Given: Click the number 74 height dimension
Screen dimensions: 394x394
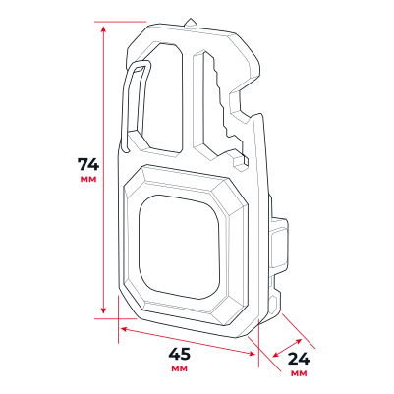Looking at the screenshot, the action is point(87,164).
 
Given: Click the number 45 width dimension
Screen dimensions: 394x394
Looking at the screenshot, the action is point(179,354).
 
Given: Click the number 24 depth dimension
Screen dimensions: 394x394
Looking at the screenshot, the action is point(299,360).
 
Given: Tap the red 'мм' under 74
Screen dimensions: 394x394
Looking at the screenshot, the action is point(88,180).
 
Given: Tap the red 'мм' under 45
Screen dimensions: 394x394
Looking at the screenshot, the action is point(180,368).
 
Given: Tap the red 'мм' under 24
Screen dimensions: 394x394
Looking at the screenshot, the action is point(299,373).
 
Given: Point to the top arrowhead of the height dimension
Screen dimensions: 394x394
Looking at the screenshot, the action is point(103,30).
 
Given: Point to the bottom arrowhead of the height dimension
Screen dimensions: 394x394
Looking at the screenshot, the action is point(103,310).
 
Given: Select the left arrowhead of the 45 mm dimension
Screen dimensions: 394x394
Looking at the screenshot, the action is point(124,329).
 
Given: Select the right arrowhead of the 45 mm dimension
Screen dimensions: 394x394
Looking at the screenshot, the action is point(252,353).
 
